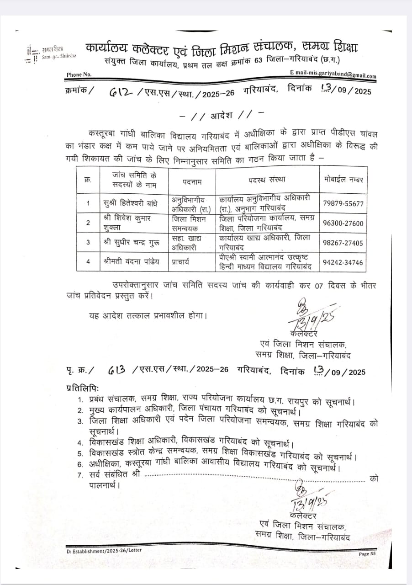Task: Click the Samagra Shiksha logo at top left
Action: tap(51, 53)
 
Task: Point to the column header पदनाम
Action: tap(192, 181)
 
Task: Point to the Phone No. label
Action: tap(79, 74)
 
